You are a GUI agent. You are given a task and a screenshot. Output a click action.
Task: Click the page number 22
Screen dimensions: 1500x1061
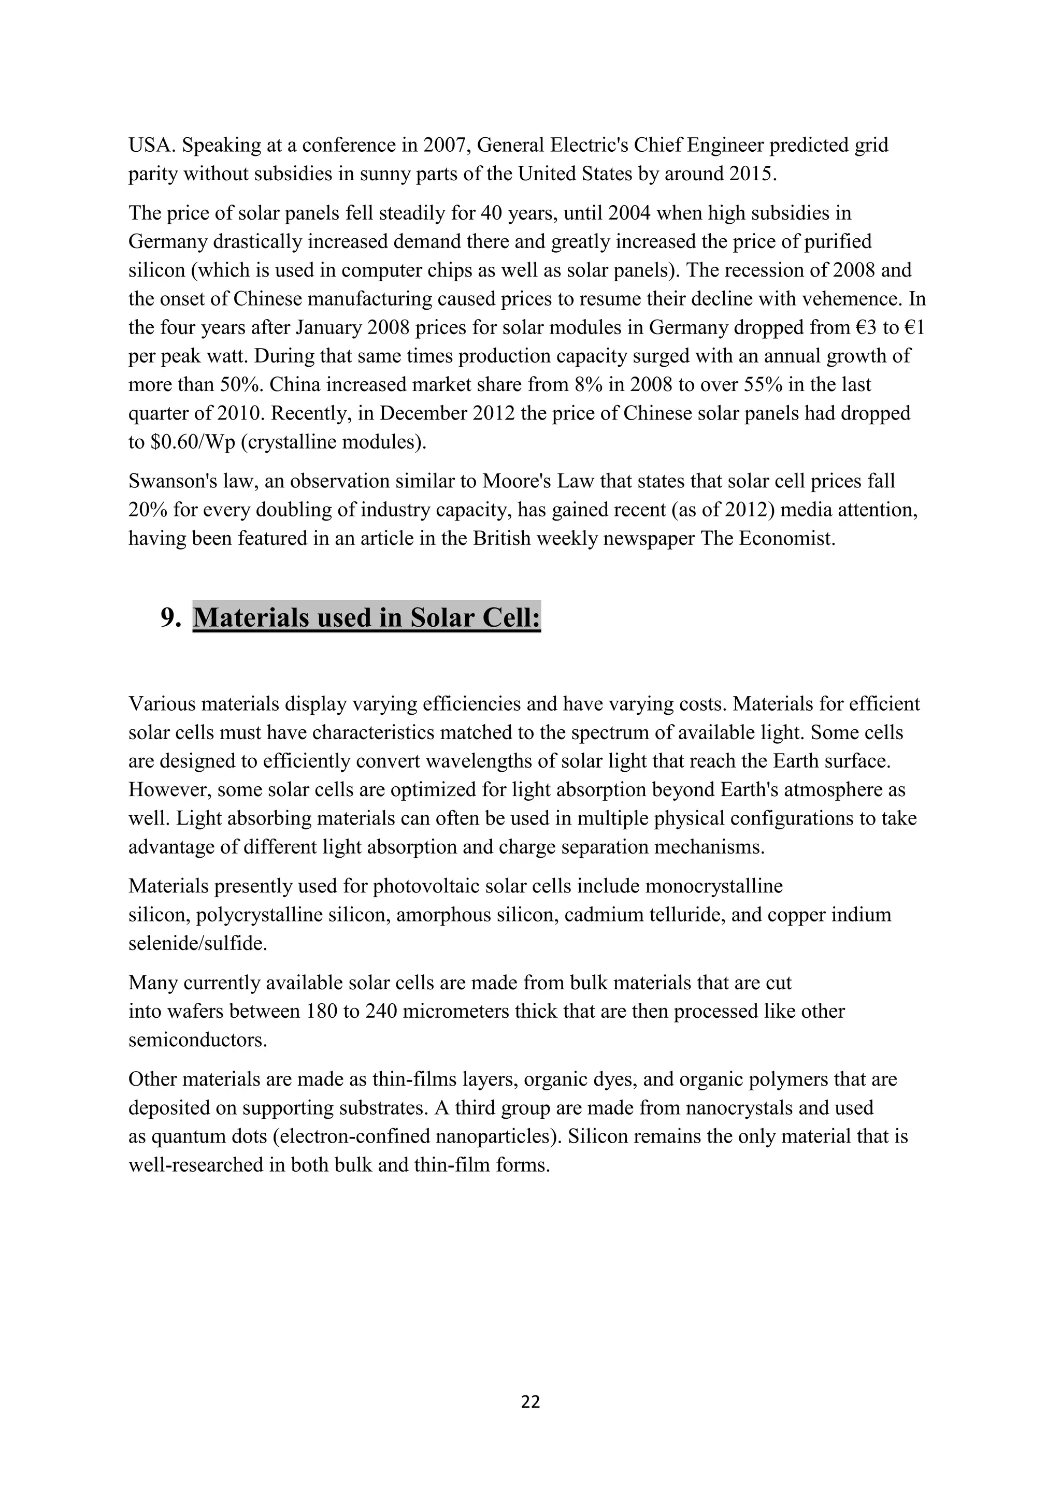pos(530,1402)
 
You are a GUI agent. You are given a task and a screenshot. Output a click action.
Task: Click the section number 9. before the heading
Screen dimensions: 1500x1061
pos(170,617)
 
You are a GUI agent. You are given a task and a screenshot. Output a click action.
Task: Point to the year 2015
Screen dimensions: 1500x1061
pos(753,174)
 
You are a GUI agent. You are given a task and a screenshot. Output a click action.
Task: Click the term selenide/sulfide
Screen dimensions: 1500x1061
pos(198,943)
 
